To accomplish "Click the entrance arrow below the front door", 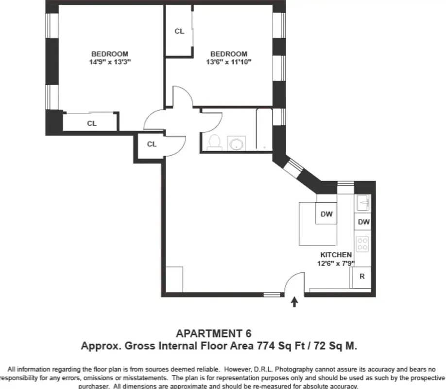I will click(x=294, y=302).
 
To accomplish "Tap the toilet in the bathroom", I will click(x=214, y=141).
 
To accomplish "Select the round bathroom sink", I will click(x=237, y=143).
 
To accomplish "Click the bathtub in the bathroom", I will click(x=264, y=129).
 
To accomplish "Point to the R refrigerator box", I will click(x=361, y=276).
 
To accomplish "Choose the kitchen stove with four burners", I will click(x=362, y=244).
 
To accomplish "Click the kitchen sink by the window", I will click(x=362, y=202).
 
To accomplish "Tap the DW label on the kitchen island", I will click(x=326, y=213).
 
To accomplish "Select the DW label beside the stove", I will click(x=363, y=222).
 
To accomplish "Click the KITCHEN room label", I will click(x=336, y=255).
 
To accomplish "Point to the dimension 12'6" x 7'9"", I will click(x=336, y=264).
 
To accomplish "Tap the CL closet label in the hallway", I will click(x=152, y=144).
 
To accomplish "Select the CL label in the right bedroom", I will click(x=179, y=31).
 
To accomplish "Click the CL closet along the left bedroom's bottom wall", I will click(x=91, y=124).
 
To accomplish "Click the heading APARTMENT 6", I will click(x=214, y=334).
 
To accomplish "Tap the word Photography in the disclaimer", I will click(x=260, y=370).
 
